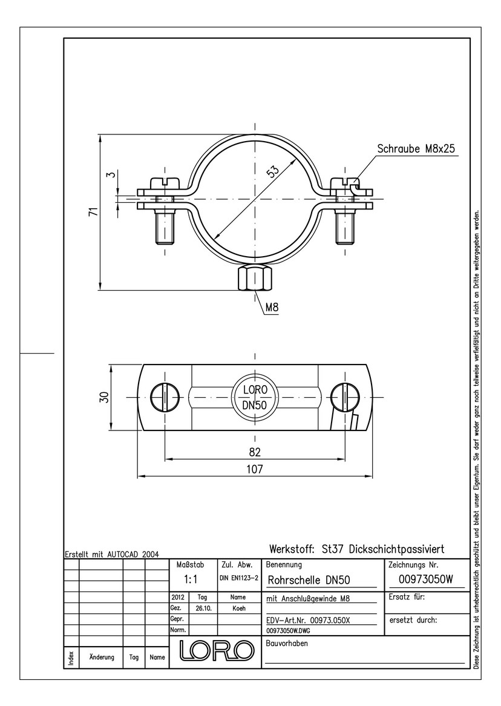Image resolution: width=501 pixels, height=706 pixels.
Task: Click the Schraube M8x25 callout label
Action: [416, 148]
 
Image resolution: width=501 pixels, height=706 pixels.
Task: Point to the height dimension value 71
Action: [93, 212]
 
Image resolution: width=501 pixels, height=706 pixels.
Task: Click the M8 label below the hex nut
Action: [272, 308]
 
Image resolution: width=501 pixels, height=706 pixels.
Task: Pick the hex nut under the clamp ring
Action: [255, 277]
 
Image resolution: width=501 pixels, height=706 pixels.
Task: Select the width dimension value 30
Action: [105, 398]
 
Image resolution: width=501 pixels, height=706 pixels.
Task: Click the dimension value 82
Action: [255, 452]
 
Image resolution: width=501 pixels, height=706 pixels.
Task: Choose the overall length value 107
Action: [255, 469]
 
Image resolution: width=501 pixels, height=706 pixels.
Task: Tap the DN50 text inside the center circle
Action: [255, 405]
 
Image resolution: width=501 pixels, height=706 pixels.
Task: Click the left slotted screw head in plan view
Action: [165, 398]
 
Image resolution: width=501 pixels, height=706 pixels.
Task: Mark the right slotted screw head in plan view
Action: [345, 398]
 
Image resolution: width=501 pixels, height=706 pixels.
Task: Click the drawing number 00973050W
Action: [425, 580]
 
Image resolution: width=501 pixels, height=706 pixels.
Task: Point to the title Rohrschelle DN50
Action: [309, 580]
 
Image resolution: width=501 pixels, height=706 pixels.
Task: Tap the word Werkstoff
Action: [292, 549]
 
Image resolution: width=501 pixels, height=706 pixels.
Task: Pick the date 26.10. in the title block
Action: [202, 609]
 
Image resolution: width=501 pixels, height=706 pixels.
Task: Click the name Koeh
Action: [239, 609]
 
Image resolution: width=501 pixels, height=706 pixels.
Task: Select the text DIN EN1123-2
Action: [238, 578]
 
